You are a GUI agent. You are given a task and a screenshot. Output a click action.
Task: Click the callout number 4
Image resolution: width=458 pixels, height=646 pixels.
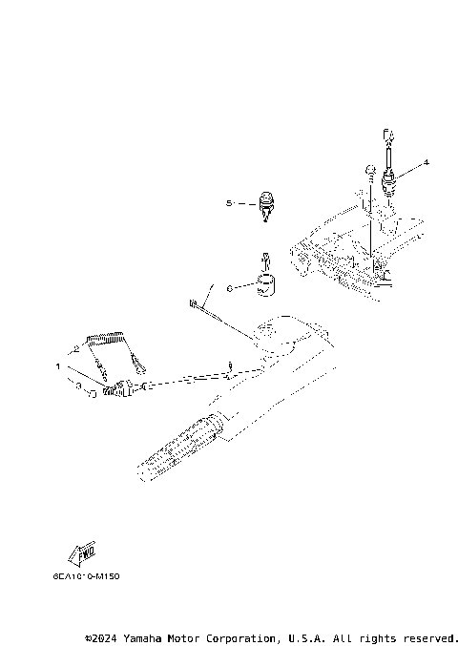click(427, 162)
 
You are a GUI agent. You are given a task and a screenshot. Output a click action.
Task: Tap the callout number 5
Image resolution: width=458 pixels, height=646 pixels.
click(229, 203)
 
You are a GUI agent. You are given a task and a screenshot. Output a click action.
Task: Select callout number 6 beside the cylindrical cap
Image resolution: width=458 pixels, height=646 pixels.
click(229, 286)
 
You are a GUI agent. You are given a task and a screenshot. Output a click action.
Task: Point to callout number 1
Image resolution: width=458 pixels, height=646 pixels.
click(58, 365)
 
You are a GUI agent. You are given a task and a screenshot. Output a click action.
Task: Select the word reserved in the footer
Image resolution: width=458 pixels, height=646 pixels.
click(428, 636)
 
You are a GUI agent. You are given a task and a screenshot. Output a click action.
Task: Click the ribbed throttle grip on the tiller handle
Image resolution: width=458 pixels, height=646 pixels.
click(181, 446)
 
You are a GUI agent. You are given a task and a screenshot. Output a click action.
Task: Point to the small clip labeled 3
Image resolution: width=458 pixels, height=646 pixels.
click(91, 392)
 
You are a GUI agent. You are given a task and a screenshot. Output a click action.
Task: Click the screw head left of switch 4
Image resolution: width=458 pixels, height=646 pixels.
click(368, 172)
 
